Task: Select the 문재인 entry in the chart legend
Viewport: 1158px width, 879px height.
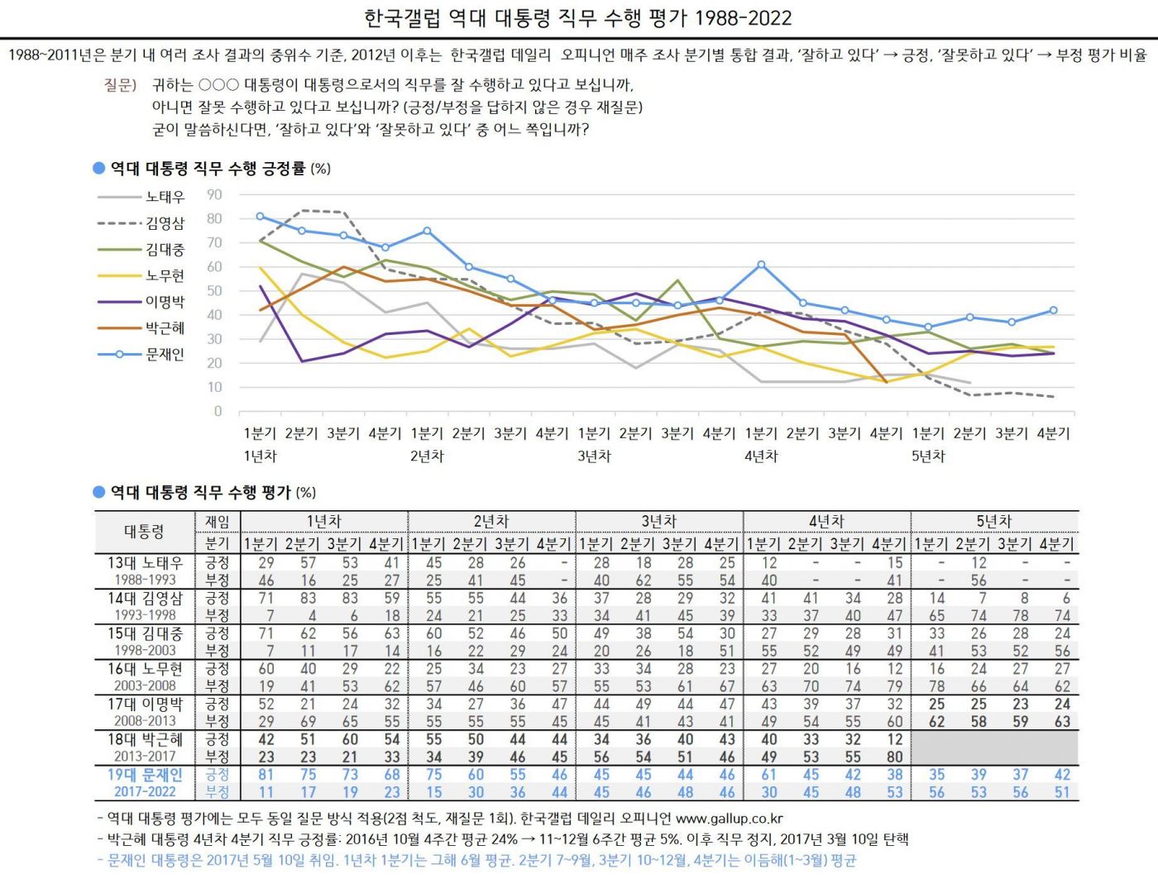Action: point(165,354)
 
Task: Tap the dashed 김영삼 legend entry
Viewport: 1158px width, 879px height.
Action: point(165,223)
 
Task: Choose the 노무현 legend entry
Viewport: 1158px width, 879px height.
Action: point(165,275)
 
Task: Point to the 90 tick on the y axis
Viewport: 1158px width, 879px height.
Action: point(214,195)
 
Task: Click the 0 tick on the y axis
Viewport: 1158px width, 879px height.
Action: point(218,411)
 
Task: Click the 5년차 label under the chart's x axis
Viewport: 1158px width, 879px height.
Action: point(928,456)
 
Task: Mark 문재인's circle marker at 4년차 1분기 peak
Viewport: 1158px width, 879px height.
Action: point(761,265)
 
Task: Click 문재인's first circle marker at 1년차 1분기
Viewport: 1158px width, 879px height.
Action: point(260,217)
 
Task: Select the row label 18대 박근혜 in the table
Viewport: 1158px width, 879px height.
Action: point(145,739)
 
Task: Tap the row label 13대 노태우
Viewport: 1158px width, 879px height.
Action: point(145,562)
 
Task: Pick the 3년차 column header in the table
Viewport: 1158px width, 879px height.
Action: point(658,521)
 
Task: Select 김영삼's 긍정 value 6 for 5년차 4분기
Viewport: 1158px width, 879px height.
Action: point(1066,598)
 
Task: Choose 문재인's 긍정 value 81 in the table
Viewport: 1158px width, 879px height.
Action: point(266,775)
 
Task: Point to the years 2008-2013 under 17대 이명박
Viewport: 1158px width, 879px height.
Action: point(145,721)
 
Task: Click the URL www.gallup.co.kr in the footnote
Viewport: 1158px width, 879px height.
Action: point(729,819)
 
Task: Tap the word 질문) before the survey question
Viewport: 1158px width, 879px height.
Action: point(120,84)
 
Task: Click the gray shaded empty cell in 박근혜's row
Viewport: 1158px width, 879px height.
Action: point(994,748)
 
